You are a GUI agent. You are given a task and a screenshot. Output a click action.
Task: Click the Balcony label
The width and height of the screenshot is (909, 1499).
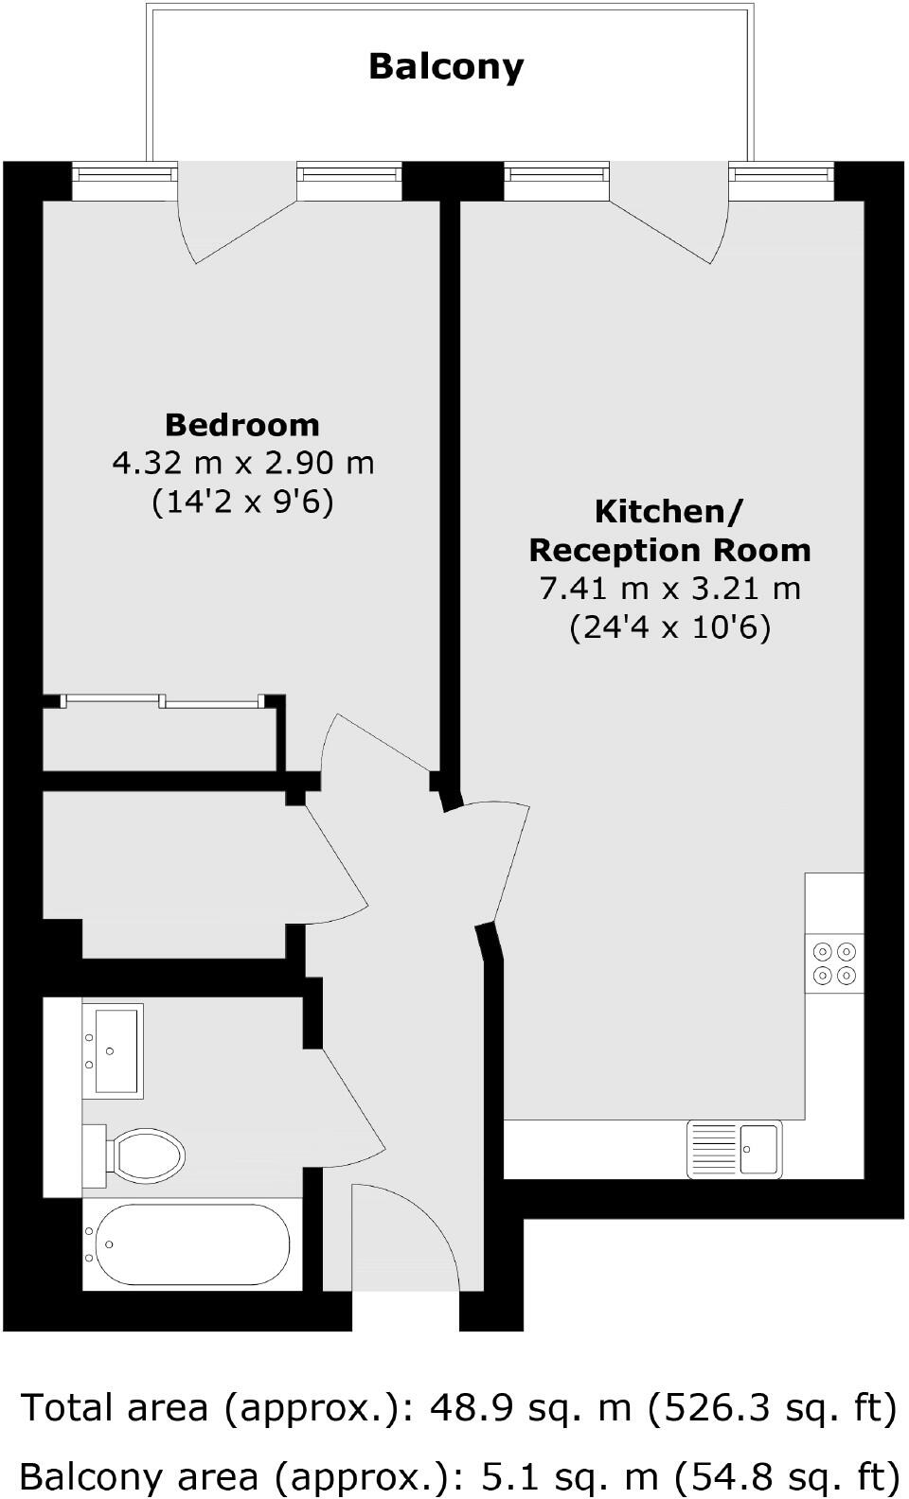[446, 66]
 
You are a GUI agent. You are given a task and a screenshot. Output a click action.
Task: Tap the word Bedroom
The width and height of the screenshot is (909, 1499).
[242, 424]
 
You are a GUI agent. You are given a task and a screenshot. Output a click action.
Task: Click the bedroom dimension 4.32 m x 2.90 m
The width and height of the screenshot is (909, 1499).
[243, 463]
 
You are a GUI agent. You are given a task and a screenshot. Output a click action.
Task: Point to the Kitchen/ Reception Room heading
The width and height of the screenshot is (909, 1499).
[669, 531]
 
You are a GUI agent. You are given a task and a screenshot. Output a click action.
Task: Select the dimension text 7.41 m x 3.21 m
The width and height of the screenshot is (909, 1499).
[669, 589]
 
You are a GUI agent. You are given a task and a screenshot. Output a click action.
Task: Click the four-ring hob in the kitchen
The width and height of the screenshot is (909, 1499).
[834, 963]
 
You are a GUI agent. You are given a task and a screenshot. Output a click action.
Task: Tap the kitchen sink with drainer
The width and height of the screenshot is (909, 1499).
[735, 1149]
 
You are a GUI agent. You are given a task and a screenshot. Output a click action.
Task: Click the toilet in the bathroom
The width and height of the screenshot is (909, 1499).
[142, 1155]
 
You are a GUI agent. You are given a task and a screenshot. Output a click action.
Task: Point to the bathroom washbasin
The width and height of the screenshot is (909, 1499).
[116, 1050]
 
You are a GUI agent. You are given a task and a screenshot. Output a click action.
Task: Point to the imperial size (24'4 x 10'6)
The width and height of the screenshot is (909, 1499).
[669, 627]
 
